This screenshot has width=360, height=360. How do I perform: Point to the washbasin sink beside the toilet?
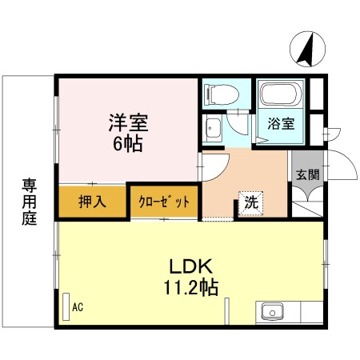pyautogui.click(x=214, y=128)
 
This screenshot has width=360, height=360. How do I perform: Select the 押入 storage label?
pyautogui.click(x=91, y=202)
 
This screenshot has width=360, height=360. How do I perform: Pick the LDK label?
pyautogui.click(x=190, y=267)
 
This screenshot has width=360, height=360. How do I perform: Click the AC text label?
pyautogui.click(x=78, y=306)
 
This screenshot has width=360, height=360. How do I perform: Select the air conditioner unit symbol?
pyautogui.click(x=66, y=306)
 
